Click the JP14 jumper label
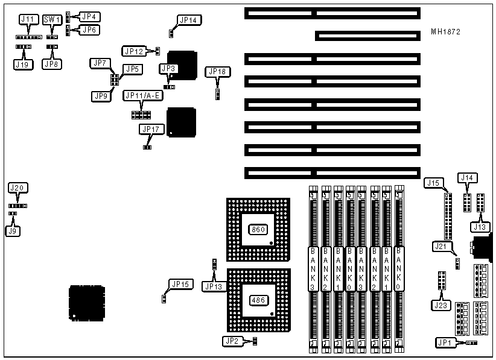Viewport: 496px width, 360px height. [188, 20]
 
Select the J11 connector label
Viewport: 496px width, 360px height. [28, 20]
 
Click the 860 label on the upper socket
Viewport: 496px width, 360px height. [258, 229]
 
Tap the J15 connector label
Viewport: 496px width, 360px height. [433, 183]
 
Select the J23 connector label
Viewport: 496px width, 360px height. [441, 305]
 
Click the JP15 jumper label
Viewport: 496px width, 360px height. [180, 284]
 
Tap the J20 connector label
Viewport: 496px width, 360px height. [17, 189]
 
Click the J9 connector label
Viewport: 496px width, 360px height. [11, 230]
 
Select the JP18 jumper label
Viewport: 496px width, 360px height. [217, 72]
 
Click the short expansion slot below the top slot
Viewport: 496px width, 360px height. [367, 36]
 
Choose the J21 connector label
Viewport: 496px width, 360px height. [441, 246]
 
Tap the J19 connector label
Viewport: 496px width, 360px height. [22, 64]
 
